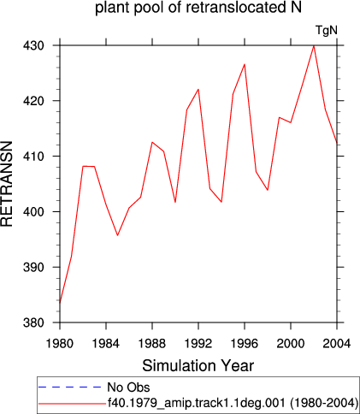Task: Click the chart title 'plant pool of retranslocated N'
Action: [198, 8]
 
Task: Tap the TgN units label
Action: [327, 30]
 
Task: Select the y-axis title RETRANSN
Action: [7, 184]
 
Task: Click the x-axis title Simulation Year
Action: [198, 365]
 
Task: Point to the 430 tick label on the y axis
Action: [34, 45]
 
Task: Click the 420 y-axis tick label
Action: [34, 101]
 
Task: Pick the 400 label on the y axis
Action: [34, 212]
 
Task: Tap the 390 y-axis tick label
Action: [34, 267]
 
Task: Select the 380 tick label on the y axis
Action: [34, 322]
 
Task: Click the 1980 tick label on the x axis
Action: [60, 343]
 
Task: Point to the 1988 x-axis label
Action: [152, 343]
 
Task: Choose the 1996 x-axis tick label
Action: [245, 343]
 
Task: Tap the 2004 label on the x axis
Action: [337, 343]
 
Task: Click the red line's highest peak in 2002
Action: [314, 46]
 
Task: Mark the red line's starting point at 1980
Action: [60, 303]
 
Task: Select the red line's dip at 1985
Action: [117, 235]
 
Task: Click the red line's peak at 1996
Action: [245, 64]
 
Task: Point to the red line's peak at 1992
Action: [198, 89]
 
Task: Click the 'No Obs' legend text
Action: [128, 387]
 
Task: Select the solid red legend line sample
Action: [72, 403]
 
